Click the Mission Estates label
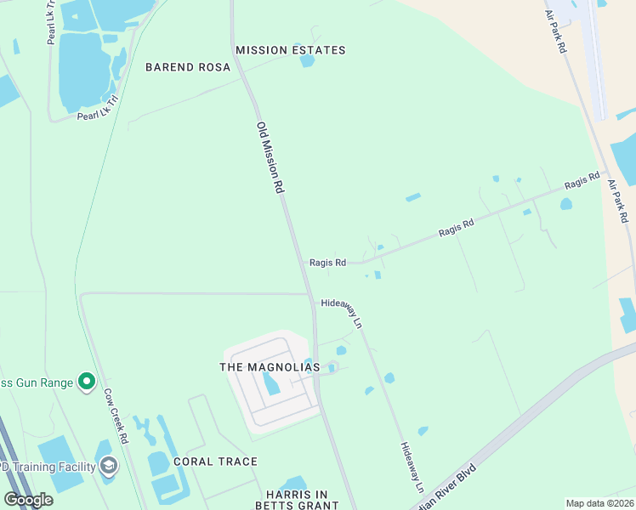pyautogui.click(x=291, y=50)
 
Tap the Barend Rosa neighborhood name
pyautogui.click(x=188, y=67)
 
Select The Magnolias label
pyautogui.click(x=270, y=367)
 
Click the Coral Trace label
pyautogui.click(x=215, y=462)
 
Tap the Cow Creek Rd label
pyautogui.click(x=116, y=416)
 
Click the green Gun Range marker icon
pyautogui.click(x=86, y=382)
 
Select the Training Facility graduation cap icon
pyautogui.click(x=109, y=466)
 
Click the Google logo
pyautogui.click(x=28, y=500)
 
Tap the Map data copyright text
pyautogui.click(x=600, y=503)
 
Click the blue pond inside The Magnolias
pyautogui.click(x=271, y=386)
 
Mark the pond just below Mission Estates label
pyautogui.click(x=307, y=60)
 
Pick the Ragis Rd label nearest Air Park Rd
pyautogui.click(x=582, y=181)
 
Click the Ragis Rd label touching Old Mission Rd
pyautogui.click(x=327, y=263)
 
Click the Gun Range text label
pyautogui.click(x=37, y=383)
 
